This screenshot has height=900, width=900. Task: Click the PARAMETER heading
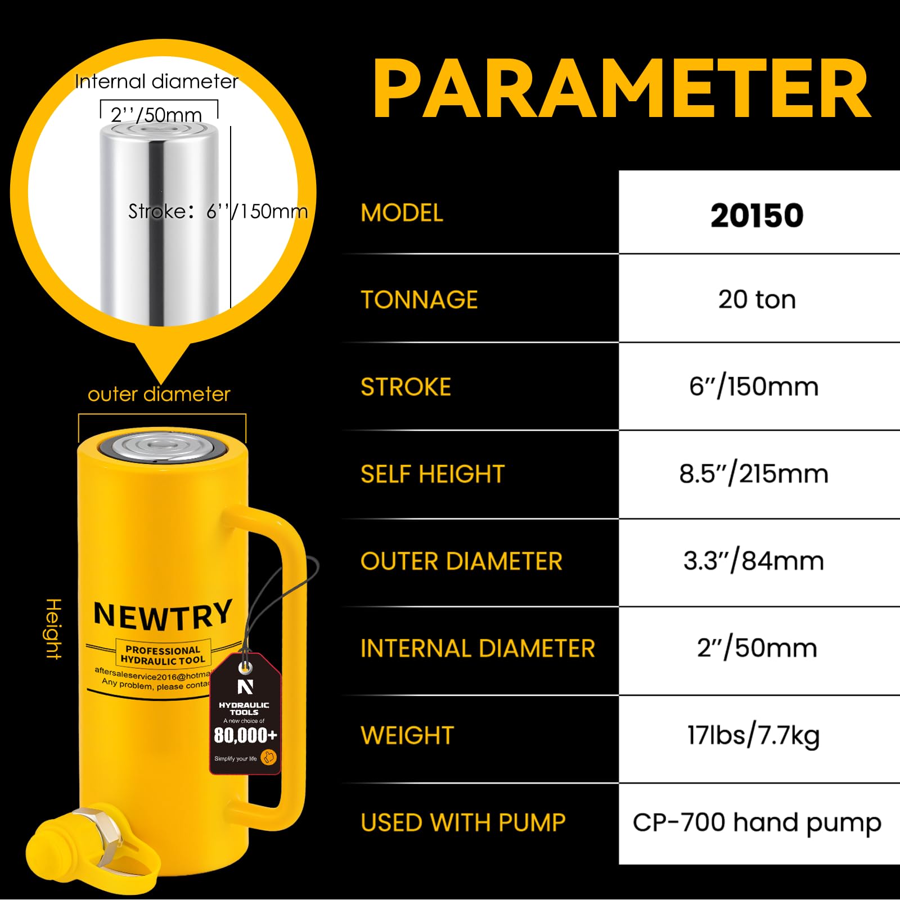[x=622, y=89]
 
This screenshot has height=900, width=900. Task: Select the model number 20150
[x=757, y=215]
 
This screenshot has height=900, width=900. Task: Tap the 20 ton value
[x=757, y=299]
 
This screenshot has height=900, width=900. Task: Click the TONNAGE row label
[x=419, y=299]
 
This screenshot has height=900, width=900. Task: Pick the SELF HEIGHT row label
[x=433, y=474]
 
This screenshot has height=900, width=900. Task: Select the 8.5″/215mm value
[x=754, y=474]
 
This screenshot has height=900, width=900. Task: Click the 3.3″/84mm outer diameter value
[x=754, y=561]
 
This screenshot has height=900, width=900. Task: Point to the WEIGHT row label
[x=407, y=735]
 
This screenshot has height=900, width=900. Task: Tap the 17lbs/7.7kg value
[x=754, y=736]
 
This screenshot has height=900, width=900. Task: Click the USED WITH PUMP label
[x=463, y=822]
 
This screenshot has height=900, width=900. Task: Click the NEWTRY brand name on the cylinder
[x=163, y=615]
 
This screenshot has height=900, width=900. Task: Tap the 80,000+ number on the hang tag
[x=245, y=735]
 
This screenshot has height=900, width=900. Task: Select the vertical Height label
[x=53, y=628]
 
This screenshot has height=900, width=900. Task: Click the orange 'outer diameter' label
[x=159, y=394]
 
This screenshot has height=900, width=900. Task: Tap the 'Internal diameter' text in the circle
[x=157, y=82]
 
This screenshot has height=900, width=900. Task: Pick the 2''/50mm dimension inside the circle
[x=156, y=115]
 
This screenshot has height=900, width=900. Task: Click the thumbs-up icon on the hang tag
[x=269, y=757]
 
